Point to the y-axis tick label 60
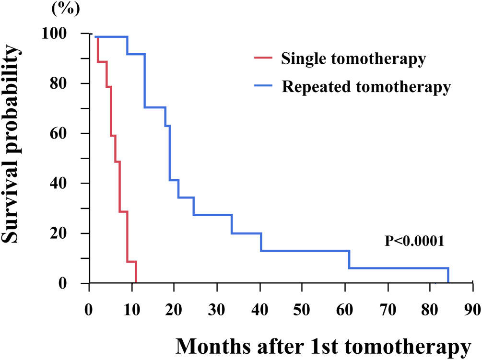point(68,134)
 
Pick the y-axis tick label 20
point(68,234)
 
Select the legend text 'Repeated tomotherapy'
point(366,87)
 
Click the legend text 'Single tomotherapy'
point(353,60)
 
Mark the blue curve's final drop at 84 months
point(448,276)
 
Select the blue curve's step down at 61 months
point(350,259)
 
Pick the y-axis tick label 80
point(68,84)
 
